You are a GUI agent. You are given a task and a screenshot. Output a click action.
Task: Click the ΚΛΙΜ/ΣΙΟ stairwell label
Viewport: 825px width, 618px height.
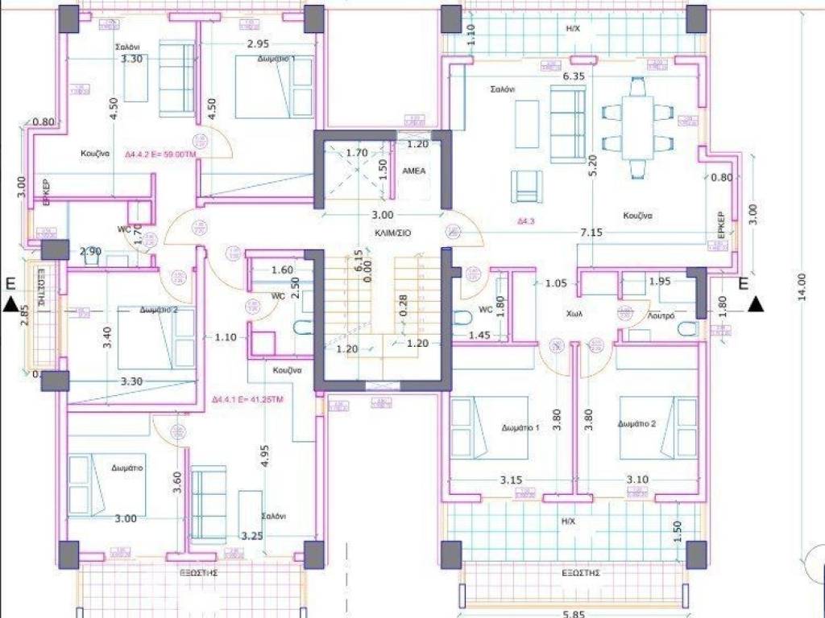tap(392, 232)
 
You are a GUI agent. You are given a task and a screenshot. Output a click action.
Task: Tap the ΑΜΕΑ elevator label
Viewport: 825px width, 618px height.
tap(414, 171)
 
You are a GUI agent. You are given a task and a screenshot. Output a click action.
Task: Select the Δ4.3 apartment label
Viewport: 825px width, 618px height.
tap(527, 219)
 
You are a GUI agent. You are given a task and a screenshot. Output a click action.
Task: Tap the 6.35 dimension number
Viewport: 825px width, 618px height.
tap(573, 76)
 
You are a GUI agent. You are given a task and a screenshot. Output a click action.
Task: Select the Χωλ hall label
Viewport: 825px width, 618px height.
tap(574, 315)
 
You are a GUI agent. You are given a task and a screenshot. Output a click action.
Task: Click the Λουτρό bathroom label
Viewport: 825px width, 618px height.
tap(661, 319)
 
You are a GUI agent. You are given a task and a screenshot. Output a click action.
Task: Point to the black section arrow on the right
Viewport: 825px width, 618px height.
tap(756, 303)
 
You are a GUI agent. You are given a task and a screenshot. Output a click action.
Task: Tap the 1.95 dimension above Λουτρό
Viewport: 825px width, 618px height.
tap(659, 281)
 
